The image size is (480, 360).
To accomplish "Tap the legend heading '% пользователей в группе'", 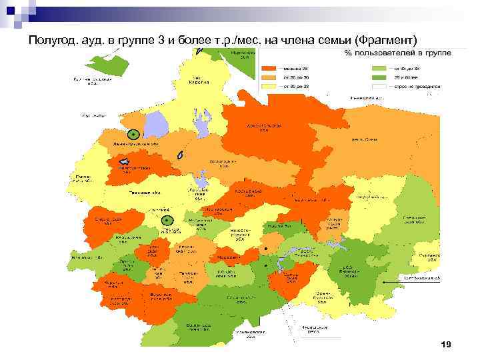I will (397, 53).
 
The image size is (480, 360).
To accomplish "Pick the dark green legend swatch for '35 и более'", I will (381, 77).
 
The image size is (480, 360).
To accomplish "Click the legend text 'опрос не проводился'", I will (417, 87).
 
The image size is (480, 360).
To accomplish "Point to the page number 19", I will (446, 344).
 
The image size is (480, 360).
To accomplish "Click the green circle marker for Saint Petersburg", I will (134, 133).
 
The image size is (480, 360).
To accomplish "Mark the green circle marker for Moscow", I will (168, 220).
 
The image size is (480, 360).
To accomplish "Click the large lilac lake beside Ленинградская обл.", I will (156, 125).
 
